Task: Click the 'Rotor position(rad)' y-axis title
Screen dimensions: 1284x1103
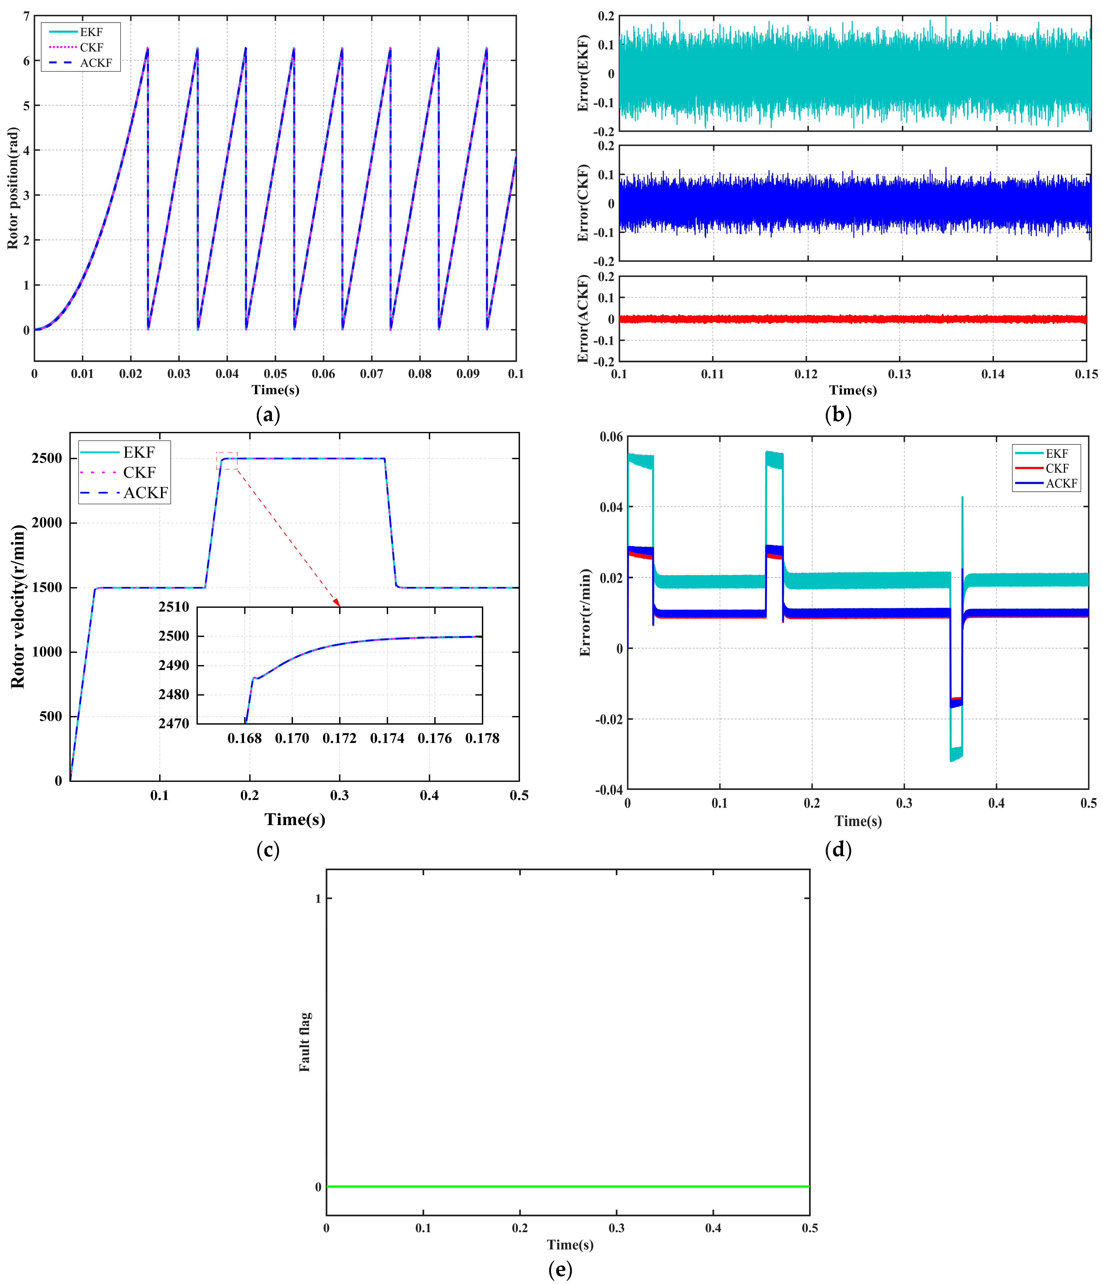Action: [x=12, y=188]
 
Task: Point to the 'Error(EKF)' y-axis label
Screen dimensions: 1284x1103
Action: [x=582, y=73]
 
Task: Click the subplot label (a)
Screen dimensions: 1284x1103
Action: [x=268, y=414]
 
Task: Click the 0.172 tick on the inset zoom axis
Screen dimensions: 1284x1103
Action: [x=340, y=738]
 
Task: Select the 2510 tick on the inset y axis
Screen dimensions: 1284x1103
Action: [x=174, y=607]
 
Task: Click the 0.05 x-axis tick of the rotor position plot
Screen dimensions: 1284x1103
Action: [x=275, y=374]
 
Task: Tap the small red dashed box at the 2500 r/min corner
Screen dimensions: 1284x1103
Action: [x=227, y=461]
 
